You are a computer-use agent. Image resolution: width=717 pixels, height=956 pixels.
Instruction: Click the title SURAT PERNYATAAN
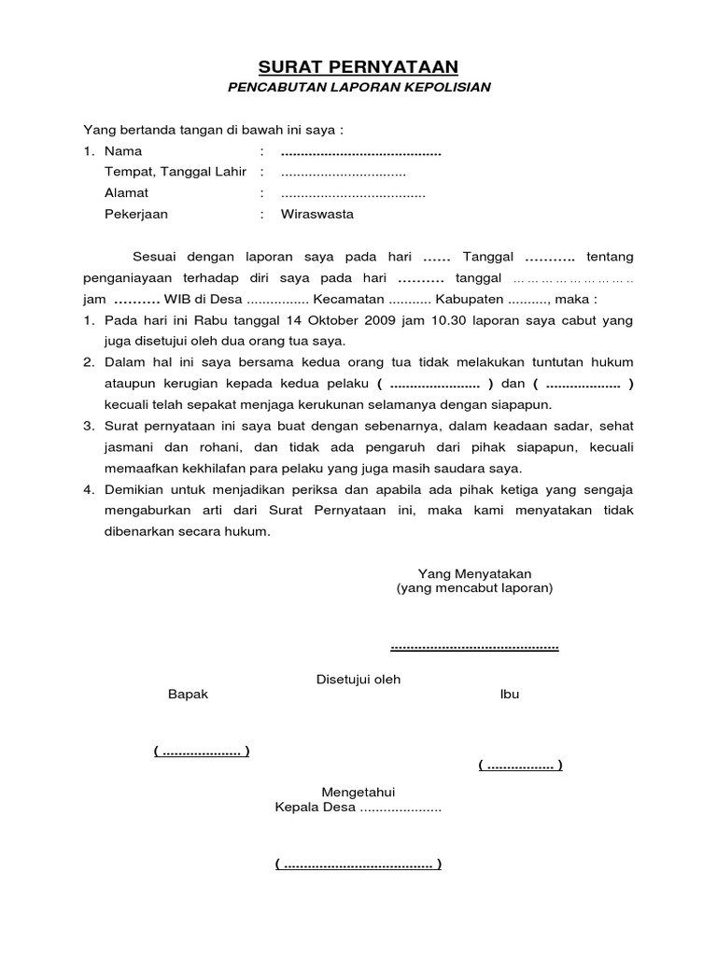point(358,66)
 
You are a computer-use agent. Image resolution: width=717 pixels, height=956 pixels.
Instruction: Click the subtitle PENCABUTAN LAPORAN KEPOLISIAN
point(358,88)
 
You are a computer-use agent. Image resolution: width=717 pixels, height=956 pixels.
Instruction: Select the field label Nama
point(123,150)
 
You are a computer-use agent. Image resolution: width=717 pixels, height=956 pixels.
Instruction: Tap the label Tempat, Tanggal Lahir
point(176,172)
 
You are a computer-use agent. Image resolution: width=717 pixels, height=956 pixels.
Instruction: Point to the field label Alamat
point(126,193)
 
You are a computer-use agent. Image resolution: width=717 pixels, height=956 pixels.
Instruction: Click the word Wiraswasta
point(317,214)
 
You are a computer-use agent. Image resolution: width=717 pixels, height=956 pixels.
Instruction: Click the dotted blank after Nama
point(360,151)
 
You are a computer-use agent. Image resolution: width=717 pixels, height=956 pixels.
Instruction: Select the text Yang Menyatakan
point(473,572)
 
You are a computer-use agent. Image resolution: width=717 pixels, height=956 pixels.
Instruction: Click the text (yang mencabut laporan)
point(473,588)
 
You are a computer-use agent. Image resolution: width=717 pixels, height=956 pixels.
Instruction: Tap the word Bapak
point(188,694)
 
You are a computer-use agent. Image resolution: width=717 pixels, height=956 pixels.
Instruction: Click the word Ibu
point(510,694)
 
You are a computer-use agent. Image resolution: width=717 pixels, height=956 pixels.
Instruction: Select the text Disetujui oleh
point(358,680)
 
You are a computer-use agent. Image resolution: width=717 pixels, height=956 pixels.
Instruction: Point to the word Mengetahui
point(358,792)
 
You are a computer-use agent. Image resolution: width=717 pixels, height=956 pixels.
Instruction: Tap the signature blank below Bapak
point(201,752)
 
